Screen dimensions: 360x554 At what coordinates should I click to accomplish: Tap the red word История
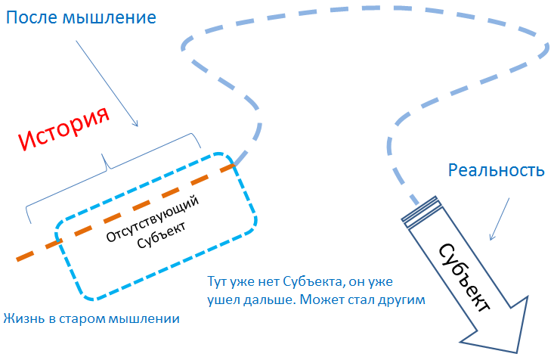pos(63,128)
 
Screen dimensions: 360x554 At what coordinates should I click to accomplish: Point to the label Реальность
pos(496,169)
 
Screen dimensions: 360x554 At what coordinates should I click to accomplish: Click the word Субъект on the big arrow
pos(462,276)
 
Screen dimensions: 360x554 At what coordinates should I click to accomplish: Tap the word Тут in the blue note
pos(218,281)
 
